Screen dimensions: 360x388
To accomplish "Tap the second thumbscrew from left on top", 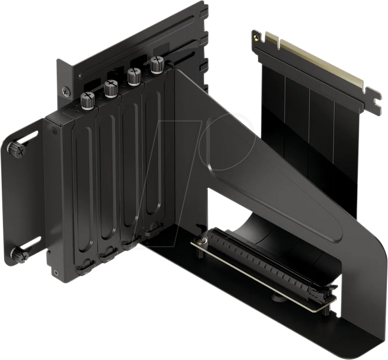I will [x=110, y=87].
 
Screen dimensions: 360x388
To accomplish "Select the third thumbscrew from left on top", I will [x=133, y=75].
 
